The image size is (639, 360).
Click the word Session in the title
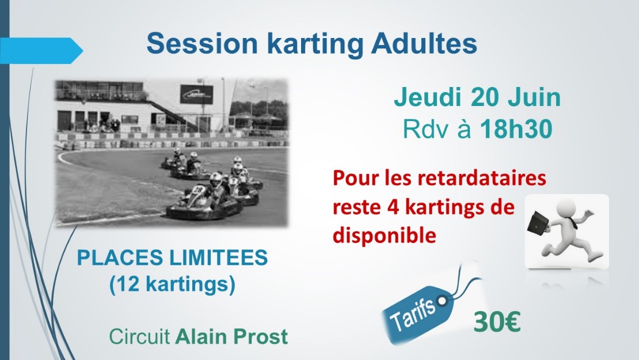tap(202, 43)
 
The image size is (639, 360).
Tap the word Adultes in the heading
tap(424, 43)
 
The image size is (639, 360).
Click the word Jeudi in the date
tap(428, 97)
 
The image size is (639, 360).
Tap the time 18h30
tap(516, 129)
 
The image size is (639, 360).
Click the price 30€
tap(497, 321)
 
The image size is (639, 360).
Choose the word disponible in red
tap(385, 235)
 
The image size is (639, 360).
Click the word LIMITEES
tap(218, 257)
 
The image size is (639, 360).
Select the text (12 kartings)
tap(172, 284)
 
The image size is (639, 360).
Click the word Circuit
tap(139, 337)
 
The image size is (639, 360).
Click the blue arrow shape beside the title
tap(41, 51)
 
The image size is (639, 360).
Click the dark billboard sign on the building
tap(196, 94)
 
